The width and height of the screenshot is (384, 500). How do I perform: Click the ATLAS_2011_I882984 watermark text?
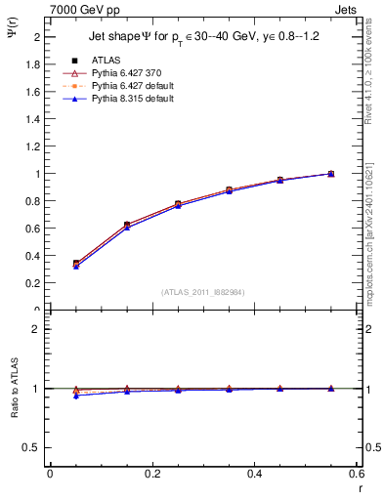pos(202,291)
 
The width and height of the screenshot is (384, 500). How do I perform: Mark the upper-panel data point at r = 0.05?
pos(76,264)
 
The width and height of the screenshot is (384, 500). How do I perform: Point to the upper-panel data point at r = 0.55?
pos(331,174)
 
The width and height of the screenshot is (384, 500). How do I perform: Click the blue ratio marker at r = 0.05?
pos(76,396)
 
